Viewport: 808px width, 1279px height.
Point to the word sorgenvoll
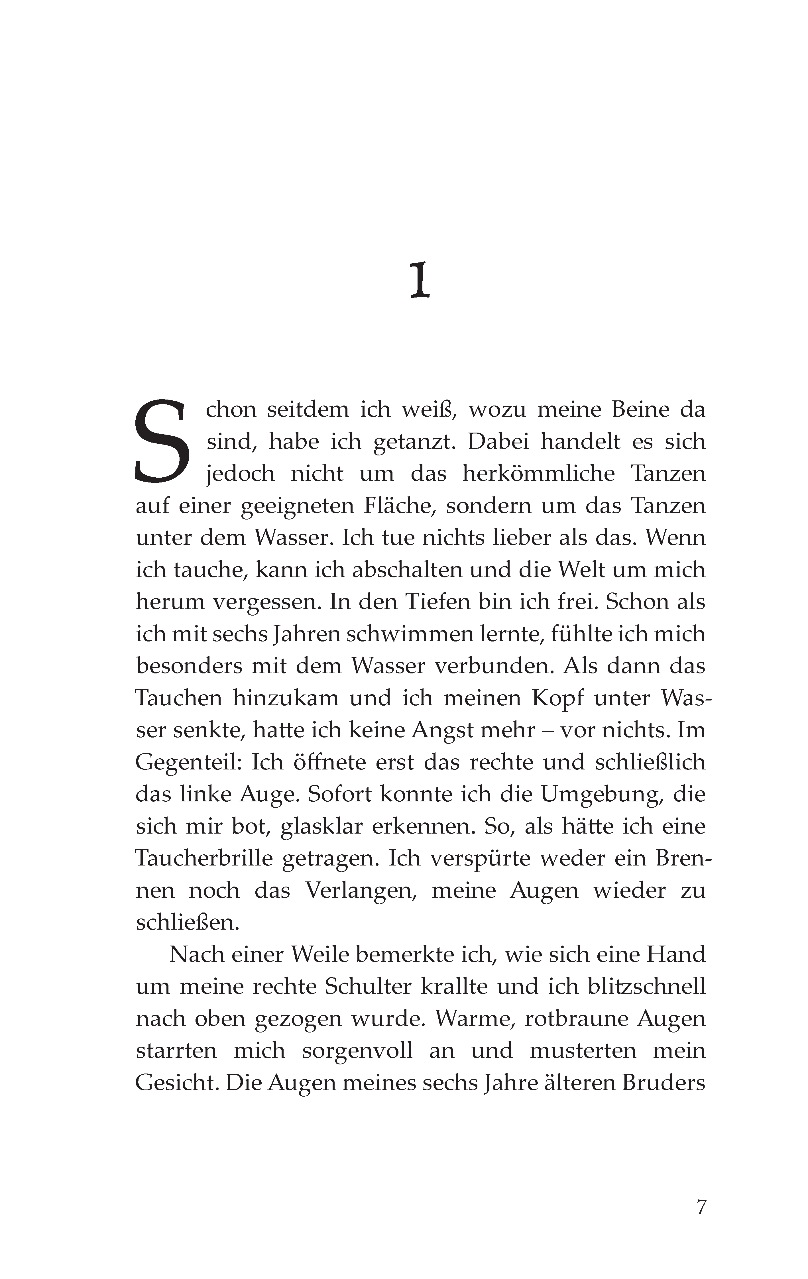(357, 1051)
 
